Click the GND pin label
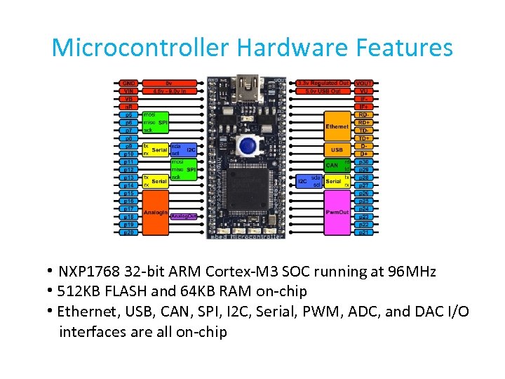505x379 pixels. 128,83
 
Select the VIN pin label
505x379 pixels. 128,91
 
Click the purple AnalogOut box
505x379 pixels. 183,216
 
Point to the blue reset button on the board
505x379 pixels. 245,145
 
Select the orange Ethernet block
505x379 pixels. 337,126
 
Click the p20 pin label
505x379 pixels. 128,232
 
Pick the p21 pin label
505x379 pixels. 364,232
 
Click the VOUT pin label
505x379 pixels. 364,83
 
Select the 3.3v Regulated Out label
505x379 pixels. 323,83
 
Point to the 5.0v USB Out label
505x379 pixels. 323,91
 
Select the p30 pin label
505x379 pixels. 364,161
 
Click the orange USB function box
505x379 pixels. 337,149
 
